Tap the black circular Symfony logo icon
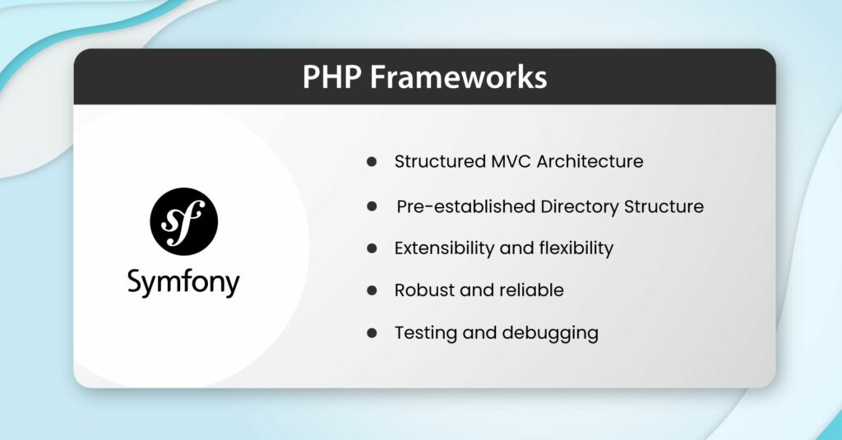(183, 221)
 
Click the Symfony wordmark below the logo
(183, 283)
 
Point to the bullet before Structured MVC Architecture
(372, 162)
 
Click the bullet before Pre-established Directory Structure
(372, 206)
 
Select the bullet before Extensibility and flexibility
(372, 248)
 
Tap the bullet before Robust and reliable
(372, 290)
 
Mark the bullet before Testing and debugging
(372, 333)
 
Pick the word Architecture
(590, 162)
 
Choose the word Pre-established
(465, 206)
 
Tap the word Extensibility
(444, 248)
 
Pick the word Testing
(423, 333)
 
